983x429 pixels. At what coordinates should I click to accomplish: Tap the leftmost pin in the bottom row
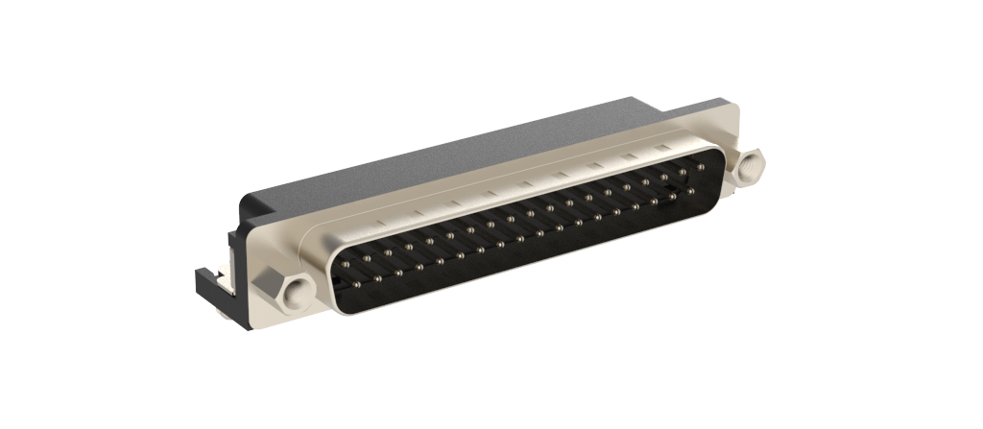click(x=356, y=284)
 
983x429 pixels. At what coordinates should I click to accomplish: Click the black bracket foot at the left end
click(x=212, y=283)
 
